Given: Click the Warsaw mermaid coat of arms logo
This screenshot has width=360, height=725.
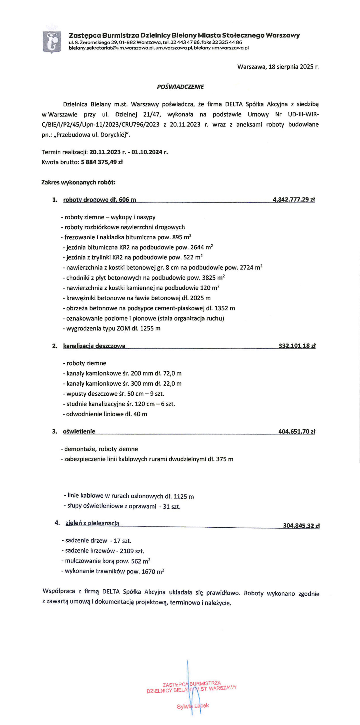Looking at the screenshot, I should tap(52, 42).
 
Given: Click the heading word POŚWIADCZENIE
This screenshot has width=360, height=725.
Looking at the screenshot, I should tap(180, 87).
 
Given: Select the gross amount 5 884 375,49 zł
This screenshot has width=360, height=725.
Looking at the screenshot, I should tap(102, 162).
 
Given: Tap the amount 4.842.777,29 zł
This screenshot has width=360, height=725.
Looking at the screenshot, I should tap(294, 200).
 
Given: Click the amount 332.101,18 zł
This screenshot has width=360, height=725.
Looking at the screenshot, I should tap(297, 346).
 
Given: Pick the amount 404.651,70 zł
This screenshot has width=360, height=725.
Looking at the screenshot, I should tap(297, 432).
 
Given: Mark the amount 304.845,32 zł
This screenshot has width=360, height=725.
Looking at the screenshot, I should tap(301, 526).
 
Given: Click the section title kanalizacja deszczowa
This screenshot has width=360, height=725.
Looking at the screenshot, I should tap(94, 346).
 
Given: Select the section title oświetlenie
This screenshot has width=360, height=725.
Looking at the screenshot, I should tap(79, 432).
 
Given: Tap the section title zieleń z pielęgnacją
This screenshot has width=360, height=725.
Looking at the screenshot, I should tap(92, 523).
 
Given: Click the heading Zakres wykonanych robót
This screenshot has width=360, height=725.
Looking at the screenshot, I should tap(78, 182).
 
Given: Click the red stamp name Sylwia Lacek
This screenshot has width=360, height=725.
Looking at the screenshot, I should tap(193, 706).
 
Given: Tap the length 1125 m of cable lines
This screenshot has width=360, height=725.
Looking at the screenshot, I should tap(183, 496).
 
